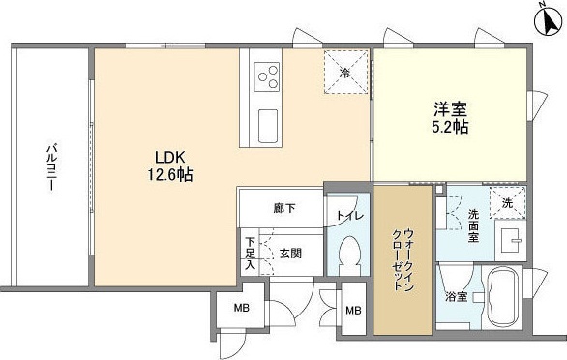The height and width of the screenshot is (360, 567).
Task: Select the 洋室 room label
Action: [449, 107]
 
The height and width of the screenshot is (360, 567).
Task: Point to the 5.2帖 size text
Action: [449, 127]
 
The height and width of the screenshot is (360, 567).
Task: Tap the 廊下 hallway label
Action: [284, 207]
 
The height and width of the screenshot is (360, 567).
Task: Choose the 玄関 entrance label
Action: [291, 253]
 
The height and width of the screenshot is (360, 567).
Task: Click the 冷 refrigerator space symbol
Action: [346, 73]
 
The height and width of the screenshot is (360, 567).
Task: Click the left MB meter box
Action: [238, 309]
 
